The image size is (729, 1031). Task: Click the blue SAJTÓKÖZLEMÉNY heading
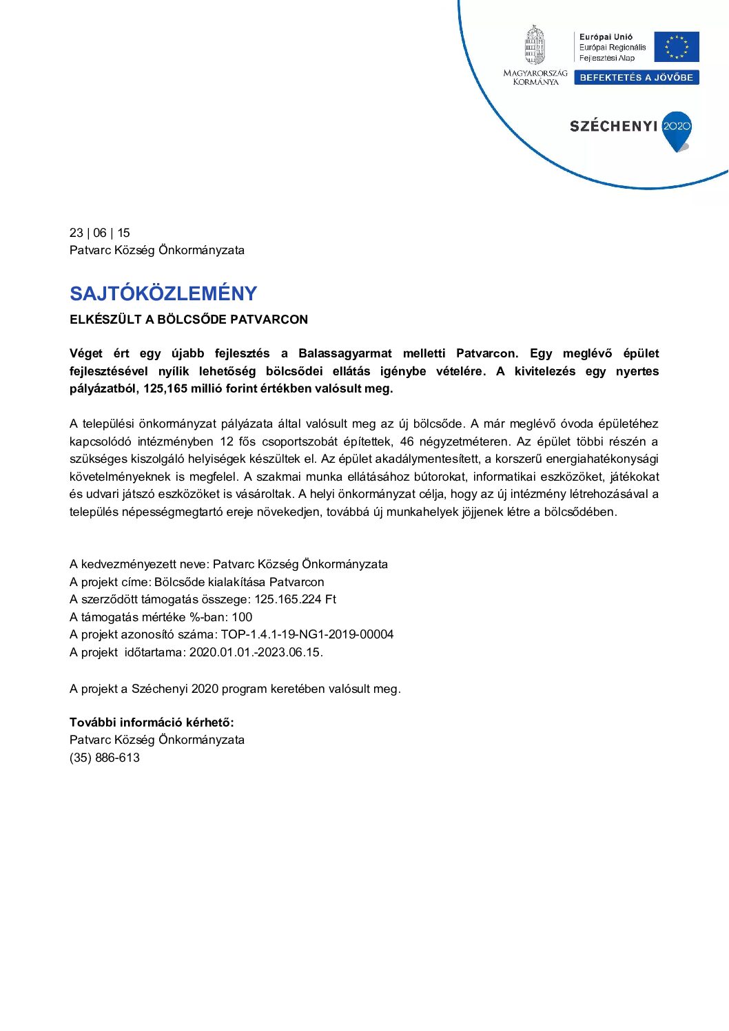pyautogui.click(x=163, y=294)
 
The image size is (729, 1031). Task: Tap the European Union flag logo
pyautogui.click(x=676, y=47)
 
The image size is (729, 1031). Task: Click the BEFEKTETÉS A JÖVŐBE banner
pyautogui.click(x=636, y=78)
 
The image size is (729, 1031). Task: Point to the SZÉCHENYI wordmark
pyautogui.click(x=613, y=126)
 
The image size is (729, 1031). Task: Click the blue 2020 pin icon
pyautogui.click(x=677, y=130)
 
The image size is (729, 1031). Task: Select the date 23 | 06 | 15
pyautogui.click(x=100, y=233)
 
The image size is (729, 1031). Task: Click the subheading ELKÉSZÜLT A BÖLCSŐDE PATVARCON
pyautogui.click(x=189, y=320)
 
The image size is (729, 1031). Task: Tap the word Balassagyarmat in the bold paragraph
pyautogui.click(x=345, y=353)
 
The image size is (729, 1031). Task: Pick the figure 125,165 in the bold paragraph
pyautogui.click(x=165, y=388)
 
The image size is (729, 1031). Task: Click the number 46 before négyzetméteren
pyautogui.click(x=407, y=441)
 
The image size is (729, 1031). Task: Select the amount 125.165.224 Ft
pyautogui.click(x=295, y=599)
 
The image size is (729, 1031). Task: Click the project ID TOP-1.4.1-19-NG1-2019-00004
pyautogui.click(x=307, y=634)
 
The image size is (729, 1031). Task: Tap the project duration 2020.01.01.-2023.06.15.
pyautogui.click(x=256, y=652)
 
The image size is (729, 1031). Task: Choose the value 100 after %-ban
pyautogui.click(x=242, y=617)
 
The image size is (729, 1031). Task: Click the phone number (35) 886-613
pyautogui.click(x=105, y=758)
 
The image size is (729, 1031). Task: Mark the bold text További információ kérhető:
pyautogui.click(x=152, y=722)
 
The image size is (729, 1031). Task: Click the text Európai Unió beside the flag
pyautogui.click(x=606, y=37)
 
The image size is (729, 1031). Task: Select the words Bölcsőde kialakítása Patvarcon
pyautogui.click(x=239, y=582)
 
